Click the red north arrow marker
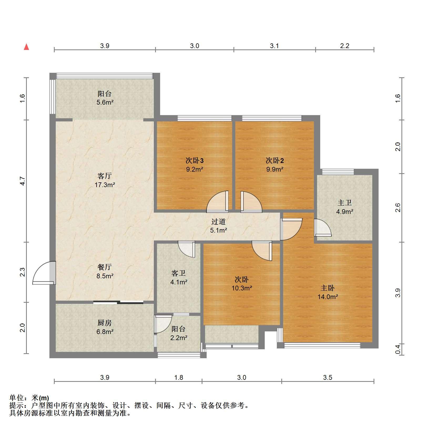pyautogui.click(x=26, y=47)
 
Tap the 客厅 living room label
pyautogui.click(x=105, y=176)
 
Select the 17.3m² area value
pyautogui.click(x=105, y=185)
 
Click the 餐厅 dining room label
pyautogui.click(x=105, y=267)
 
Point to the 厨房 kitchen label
pyautogui.click(x=105, y=323)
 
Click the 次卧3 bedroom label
pyautogui.click(x=195, y=160)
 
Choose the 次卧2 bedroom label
pyautogui.click(x=275, y=160)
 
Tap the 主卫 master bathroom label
pyautogui.click(x=344, y=203)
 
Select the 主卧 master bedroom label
pyautogui.click(x=327, y=288)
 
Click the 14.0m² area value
pyautogui.click(x=327, y=297)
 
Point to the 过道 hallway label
pyautogui.click(x=218, y=222)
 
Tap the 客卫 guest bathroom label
pyautogui.click(x=179, y=273)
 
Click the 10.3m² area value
pyautogui.click(x=242, y=288)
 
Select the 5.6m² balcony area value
pyautogui.click(x=105, y=102)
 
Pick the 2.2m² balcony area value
pyautogui.click(x=179, y=338)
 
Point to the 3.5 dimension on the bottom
pyautogui.click(x=328, y=378)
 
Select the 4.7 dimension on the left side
pyautogui.click(x=23, y=181)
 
